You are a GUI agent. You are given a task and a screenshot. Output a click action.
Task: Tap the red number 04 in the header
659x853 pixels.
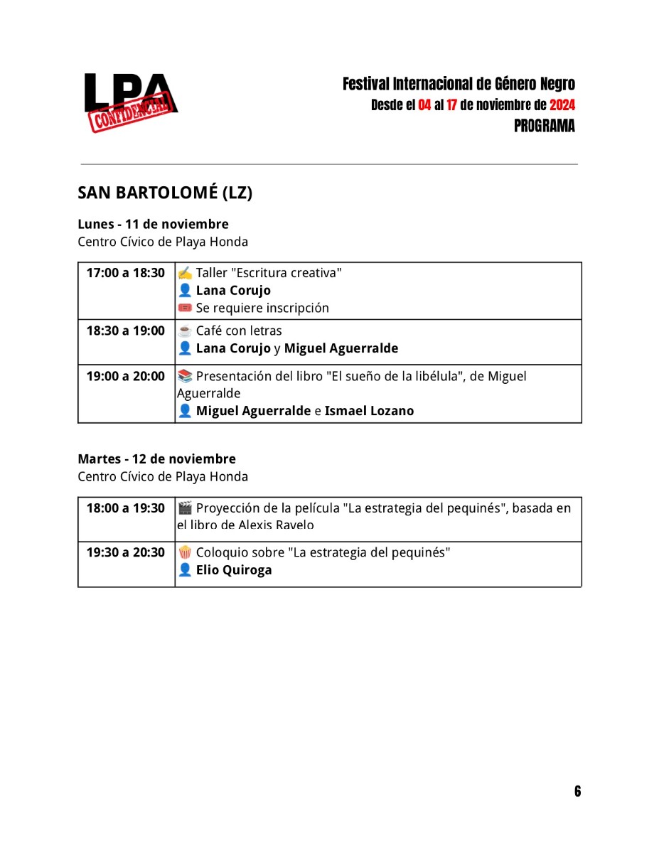pos(424,106)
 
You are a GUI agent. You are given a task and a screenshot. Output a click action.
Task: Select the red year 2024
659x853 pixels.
pos(562,106)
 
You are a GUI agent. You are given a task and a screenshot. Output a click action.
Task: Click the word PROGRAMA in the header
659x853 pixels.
pos(544,127)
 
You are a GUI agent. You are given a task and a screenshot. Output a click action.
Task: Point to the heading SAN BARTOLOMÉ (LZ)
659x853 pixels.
pos(165,193)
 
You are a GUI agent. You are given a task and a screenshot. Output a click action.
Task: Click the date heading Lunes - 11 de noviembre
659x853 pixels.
pos(153,225)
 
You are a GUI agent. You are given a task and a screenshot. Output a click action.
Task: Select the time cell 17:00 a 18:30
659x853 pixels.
pos(126,274)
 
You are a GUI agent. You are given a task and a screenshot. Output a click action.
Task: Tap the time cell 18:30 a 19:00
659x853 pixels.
pos(126,331)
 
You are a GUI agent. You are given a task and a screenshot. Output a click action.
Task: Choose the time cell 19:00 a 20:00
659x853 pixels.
pos(126,377)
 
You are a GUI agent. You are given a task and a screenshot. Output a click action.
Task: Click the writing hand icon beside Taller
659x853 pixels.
pos(185,273)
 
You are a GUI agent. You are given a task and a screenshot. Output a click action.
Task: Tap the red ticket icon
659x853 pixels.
pos(185,309)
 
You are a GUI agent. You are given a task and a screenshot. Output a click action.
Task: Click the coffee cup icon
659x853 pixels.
pos(185,331)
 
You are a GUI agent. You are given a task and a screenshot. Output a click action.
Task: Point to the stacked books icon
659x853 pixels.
pos(185,377)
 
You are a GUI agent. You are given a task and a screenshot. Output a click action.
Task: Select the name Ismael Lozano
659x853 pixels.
pos(369,411)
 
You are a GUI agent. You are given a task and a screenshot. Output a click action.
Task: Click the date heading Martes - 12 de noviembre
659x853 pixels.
pos(156,459)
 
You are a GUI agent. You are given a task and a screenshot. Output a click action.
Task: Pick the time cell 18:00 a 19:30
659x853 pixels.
pos(126,509)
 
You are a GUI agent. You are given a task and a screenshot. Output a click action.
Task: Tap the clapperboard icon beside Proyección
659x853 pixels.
pos(185,509)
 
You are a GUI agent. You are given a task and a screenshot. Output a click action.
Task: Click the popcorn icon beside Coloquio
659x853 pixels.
pos(185,553)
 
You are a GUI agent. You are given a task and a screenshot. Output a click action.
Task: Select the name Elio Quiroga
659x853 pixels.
pos(234,570)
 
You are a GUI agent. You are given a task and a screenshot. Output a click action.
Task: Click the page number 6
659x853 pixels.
pos(577,792)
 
